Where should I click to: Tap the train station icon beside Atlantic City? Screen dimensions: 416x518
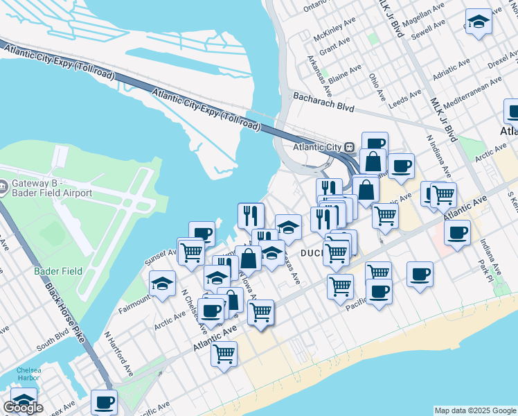click(350, 147)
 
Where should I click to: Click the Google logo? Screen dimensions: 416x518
click(24, 408)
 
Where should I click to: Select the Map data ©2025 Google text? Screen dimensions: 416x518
click(475, 410)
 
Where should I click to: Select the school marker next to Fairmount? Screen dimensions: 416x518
click(163, 284)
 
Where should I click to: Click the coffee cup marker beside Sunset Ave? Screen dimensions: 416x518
click(202, 234)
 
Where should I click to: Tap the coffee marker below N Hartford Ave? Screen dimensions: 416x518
click(104, 401)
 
